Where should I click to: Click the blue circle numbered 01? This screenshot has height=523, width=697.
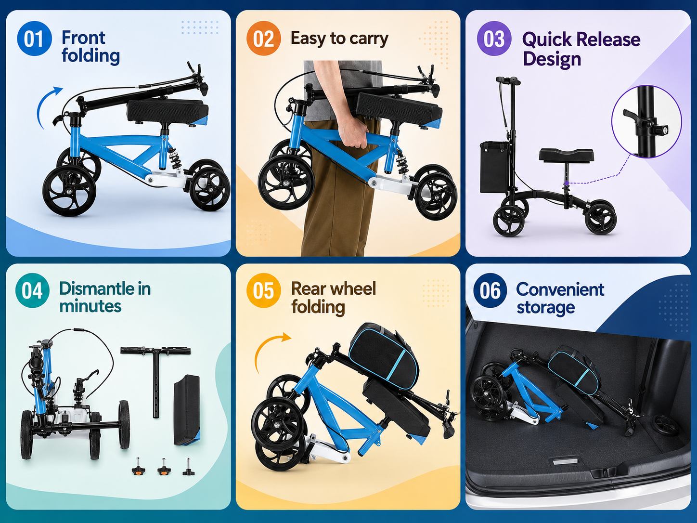click(x=34, y=39)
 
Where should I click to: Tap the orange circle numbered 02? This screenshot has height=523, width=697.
click(x=264, y=39)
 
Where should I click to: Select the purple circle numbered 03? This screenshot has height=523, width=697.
click(x=494, y=39)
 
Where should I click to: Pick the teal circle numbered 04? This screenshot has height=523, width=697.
click(x=32, y=290)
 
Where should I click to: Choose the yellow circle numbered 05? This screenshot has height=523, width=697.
click(x=264, y=290)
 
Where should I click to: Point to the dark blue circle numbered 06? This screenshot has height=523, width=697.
click(x=490, y=290)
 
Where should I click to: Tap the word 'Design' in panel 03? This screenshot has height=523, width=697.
click(x=552, y=59)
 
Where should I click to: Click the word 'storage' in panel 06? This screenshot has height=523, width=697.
click(x=545, y=307)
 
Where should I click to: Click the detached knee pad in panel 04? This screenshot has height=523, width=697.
click(x=187, y=410)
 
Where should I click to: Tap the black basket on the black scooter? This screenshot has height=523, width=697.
click(x=494, y=167)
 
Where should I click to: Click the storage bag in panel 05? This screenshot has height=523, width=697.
click(x=384, y=353)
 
